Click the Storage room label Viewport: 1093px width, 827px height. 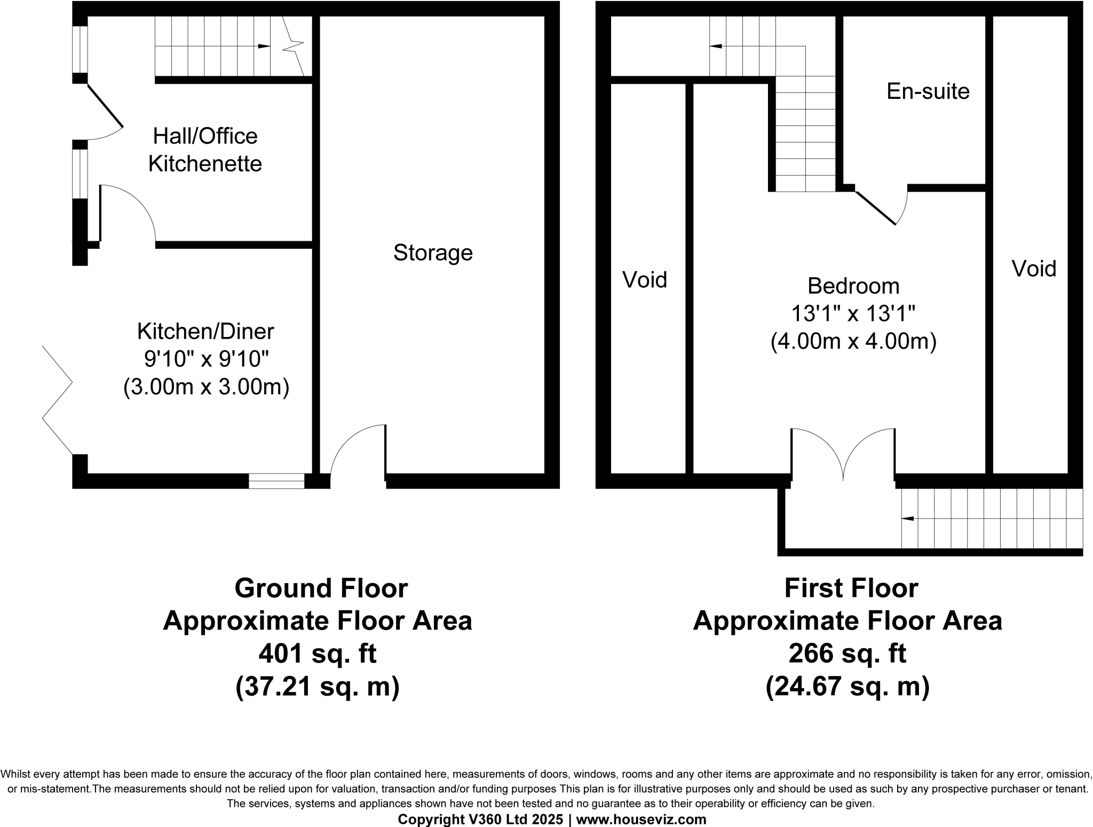click(433, 253)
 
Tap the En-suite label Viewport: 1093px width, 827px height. click(928, 91)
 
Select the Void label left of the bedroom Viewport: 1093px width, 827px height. click(645, 280)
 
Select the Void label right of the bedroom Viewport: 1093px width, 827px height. click(1034, 269)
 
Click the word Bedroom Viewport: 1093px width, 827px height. click(853, 286)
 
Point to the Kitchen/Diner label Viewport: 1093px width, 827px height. click(205, 332)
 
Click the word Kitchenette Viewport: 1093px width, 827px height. click(205, 164)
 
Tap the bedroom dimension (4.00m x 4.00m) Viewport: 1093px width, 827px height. click(853, 342)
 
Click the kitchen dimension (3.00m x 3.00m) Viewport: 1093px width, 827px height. click(206, 387)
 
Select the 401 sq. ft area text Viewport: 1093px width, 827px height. click(318, 653)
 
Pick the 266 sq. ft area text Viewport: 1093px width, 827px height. click(847, 653)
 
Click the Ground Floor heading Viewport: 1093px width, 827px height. click(321, 588)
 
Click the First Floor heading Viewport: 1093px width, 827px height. click(851, 588)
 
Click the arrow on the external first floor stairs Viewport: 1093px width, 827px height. click(907, 518)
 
